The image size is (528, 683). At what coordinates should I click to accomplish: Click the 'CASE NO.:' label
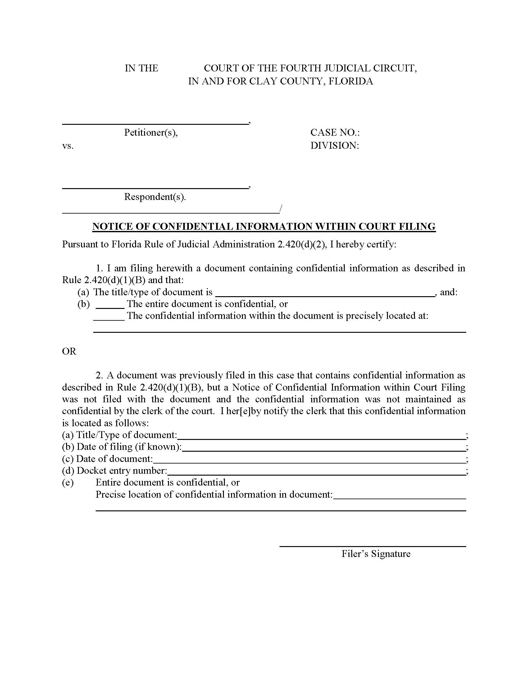coord(335,133)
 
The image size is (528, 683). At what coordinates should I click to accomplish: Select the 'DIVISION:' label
coord(335,145)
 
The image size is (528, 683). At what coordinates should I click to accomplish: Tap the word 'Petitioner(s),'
coord(151,133)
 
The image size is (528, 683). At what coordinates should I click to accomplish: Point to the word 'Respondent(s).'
coord(155,197)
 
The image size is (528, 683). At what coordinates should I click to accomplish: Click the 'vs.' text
coord(68,146)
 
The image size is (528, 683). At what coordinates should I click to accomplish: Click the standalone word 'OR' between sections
coord(69,351)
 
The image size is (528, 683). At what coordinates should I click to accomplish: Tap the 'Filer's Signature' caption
coord(376,554)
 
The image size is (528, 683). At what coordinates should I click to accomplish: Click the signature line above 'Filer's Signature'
coord(372,546)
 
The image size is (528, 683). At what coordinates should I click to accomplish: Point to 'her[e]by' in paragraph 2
coord(241,411)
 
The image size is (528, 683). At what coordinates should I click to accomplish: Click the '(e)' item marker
coord(68,482)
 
